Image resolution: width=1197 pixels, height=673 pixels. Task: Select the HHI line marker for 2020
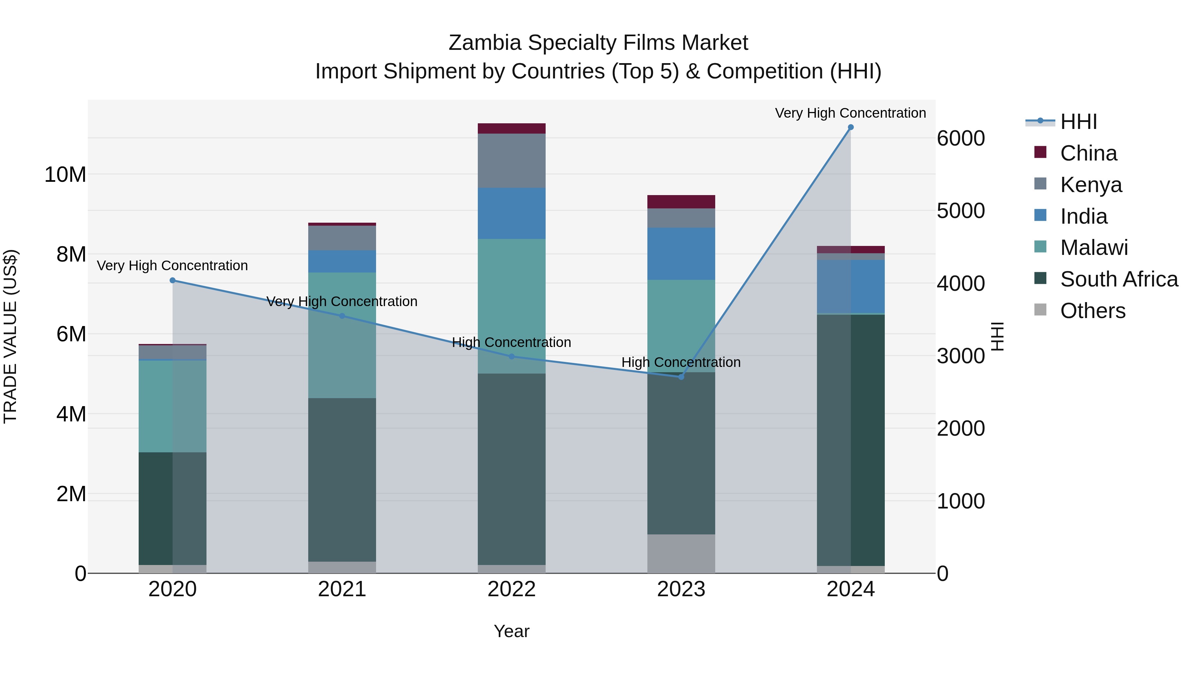click(172, 280)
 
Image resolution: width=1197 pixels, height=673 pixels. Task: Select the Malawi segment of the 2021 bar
click(342, 335)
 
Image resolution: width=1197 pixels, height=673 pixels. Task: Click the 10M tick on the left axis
click(65, 174)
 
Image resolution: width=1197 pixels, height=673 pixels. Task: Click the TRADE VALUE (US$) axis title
click(10, 336)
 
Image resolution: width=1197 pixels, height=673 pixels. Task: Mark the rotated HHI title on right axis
click(997, 336)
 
